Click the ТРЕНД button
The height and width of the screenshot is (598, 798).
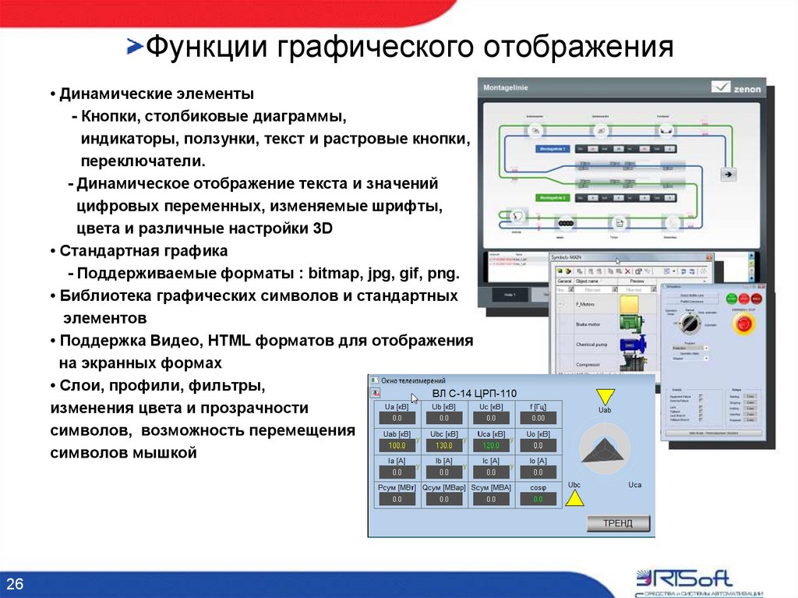click(618, 523)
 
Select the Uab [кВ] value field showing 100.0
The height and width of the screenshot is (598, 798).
click(397, 445)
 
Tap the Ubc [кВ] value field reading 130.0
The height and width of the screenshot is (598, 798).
click(443, 445)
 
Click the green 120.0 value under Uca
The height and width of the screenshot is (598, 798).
click(490, 445)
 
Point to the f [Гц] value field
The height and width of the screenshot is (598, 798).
click(537, 418)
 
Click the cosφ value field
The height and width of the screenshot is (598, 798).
click(537, 499)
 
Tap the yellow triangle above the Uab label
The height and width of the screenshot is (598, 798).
click(605, 396)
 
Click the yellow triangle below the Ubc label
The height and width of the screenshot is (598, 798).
click(574, 497)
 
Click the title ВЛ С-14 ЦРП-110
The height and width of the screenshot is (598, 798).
click(474, 393)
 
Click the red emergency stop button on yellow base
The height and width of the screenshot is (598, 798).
click(745, 323)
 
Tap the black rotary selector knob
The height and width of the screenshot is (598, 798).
click(689, 321)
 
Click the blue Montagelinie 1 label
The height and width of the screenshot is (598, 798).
click(553, 148)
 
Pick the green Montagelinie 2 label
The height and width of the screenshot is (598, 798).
click(553, 197)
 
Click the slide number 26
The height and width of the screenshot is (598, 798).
click(16, 584)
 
